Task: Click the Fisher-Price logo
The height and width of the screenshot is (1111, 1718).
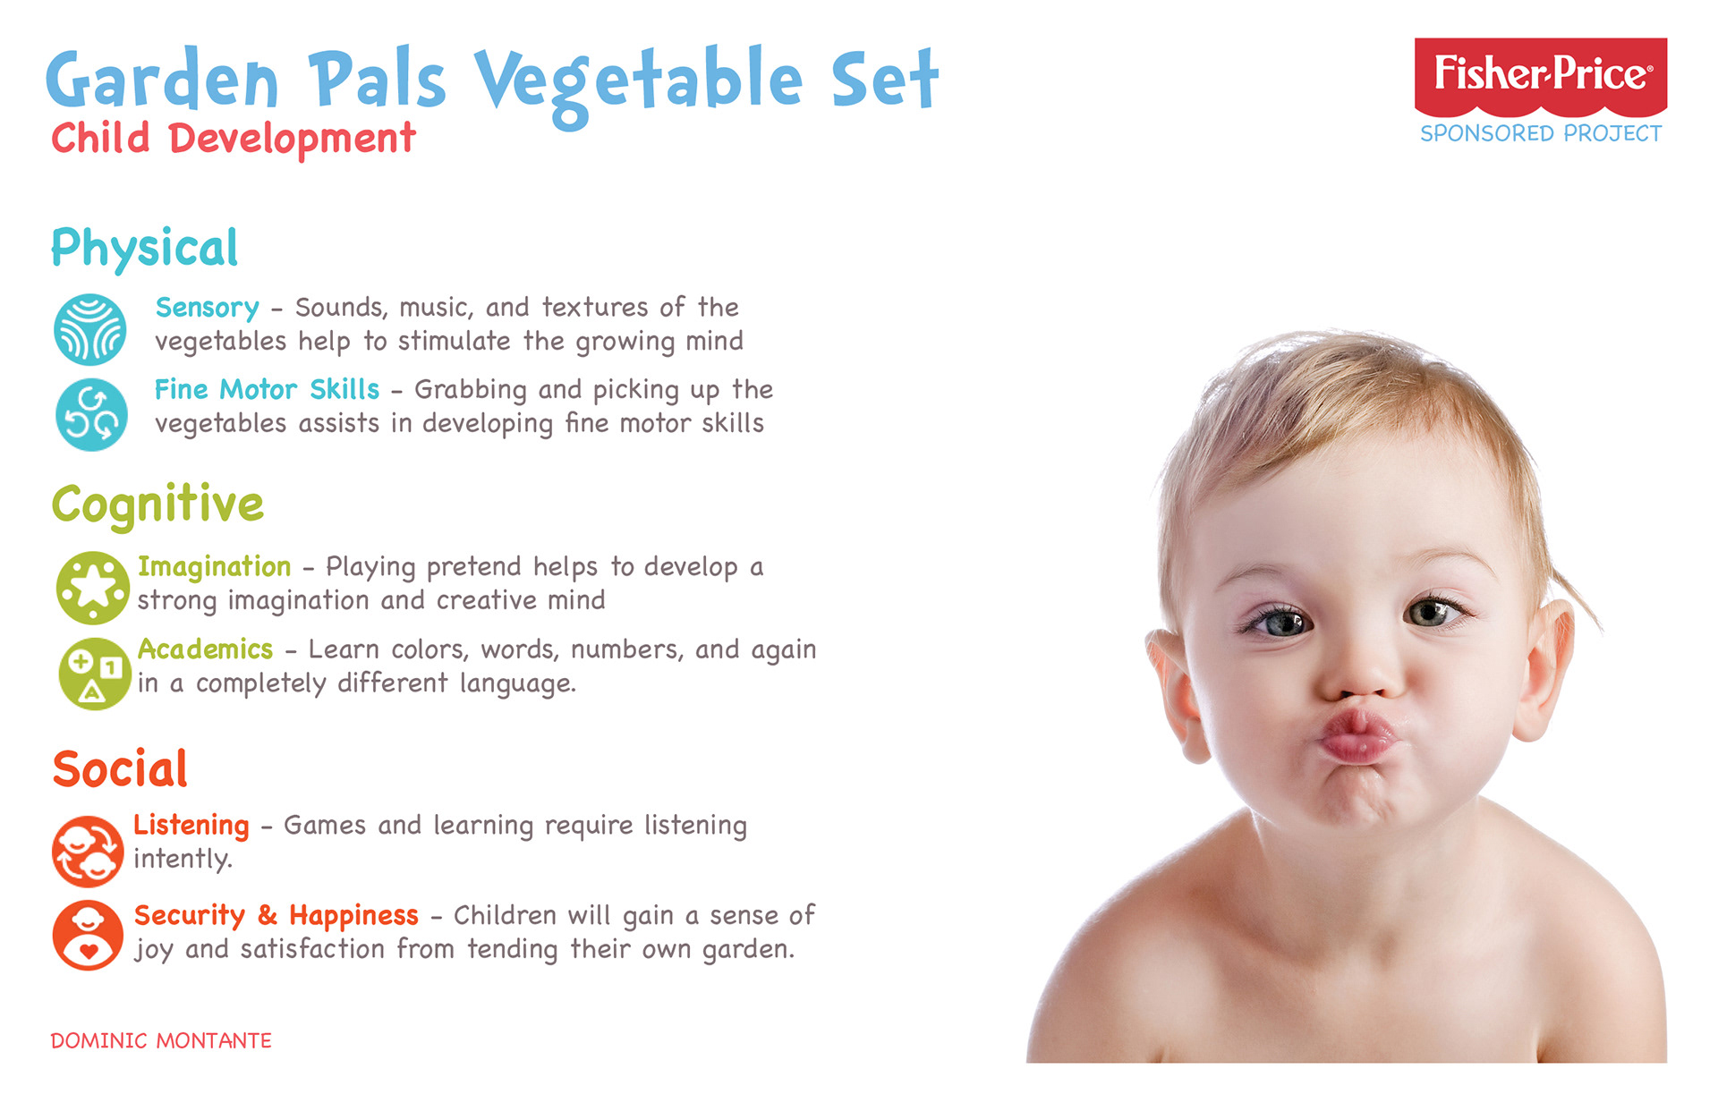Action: point(1540,77)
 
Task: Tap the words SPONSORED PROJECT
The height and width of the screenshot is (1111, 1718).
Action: point(1541,133)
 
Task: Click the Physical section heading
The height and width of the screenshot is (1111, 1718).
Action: point(145,248)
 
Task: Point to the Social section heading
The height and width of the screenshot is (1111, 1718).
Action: point(120,768)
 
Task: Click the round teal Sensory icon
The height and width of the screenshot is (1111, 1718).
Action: point(89,329)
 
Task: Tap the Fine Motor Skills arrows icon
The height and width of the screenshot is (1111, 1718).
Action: point(91,414)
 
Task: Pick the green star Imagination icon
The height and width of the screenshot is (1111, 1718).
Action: point(93,588)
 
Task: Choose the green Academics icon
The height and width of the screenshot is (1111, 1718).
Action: point(95,674)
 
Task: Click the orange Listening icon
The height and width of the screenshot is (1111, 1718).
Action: point(88,851)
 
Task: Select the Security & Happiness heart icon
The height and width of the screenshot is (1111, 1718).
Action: point(88,936)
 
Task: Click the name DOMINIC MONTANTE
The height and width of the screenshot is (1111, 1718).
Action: point(161,1040)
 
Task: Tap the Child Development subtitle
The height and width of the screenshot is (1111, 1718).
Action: point(234,140)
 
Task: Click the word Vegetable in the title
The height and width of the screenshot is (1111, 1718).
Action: point(639,81)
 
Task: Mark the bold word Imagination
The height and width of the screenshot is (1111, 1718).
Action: point(215,567)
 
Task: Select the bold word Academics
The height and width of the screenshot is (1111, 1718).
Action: point(206,649)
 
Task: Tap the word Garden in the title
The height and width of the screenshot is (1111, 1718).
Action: point(163,81)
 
